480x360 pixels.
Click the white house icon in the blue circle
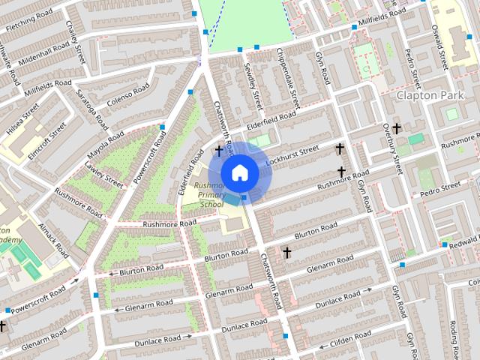[x=239, y=172]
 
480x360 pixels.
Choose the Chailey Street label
[x=75, y=41]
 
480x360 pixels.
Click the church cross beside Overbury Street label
[x=396, y=128]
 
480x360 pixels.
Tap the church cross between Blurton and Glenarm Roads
[x=286, y=253]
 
